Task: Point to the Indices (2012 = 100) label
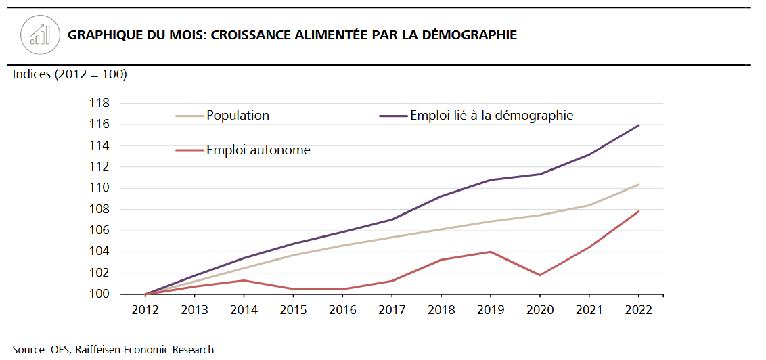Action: click(70, 74)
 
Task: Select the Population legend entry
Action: click(238, 116)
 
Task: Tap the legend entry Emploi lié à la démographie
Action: click(491, 116)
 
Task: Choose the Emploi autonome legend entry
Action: click(258, 150)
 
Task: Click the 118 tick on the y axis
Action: click(99, 104)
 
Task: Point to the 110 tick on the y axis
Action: click(99, 188)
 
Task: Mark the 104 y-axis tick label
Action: click(99, 252)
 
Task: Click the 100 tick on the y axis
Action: click(99, 294)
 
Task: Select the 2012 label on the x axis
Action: click(145, 310)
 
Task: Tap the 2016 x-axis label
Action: click(342, 310)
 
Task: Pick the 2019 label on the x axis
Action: click(491, 310)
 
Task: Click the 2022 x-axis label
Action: click(638, 310)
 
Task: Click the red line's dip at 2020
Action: click(540, 275)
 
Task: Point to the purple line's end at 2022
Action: click(638, 125)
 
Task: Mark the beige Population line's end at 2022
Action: click(638, 185)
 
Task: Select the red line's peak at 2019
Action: click(491, 252)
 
